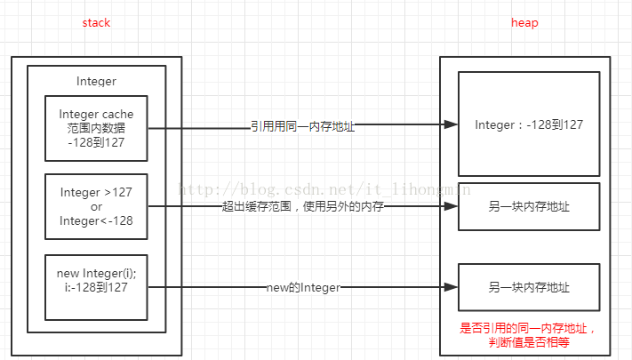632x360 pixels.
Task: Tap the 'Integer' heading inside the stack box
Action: click(96, 81)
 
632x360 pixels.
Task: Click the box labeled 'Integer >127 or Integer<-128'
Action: click(96, 206)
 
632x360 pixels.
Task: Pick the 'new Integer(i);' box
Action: click(96, 286)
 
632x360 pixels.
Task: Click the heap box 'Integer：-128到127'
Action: click(528, 124)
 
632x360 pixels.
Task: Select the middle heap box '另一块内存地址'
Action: click(528, 207)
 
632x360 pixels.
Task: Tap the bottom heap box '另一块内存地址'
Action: click(528, 287)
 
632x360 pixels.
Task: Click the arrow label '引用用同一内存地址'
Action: click(302, 127)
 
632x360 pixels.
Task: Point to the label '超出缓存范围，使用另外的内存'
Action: click(302, 207)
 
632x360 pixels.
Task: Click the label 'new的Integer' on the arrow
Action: click(303, 287)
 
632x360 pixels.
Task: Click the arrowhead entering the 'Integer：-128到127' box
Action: click(450, 126)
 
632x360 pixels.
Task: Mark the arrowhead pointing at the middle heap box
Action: click(450, 207)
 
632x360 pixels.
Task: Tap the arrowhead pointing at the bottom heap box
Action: click(450, 287)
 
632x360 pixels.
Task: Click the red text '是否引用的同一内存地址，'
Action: click(528, 328)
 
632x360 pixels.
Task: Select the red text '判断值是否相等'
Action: click(528, 341)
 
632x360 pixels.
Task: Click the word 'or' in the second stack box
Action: click(96, 206)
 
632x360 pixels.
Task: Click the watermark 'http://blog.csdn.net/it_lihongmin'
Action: click(324, 189)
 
